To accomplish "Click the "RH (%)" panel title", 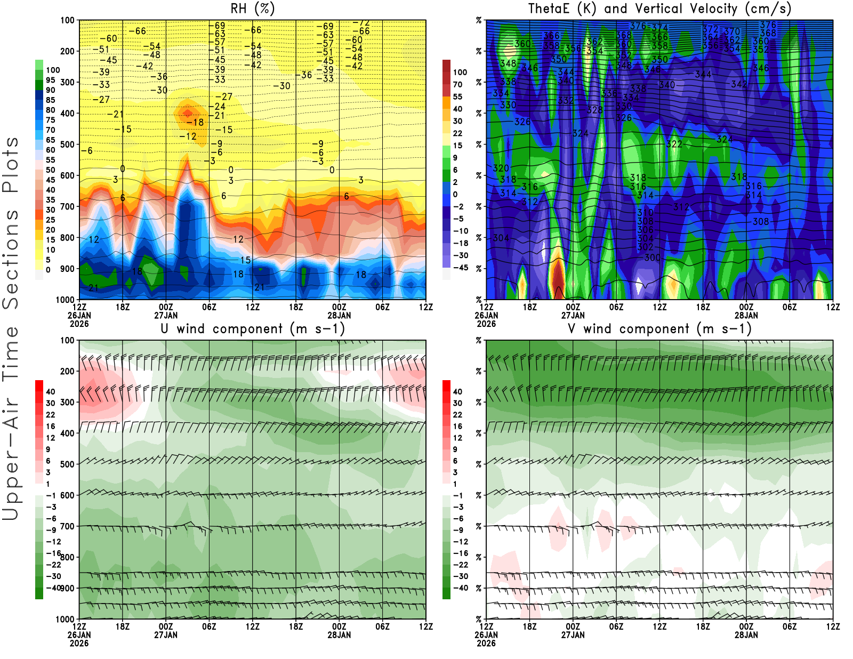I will tap(252, 9).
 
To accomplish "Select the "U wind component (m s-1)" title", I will tap(253, 328).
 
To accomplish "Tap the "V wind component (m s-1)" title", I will tap(659, 328).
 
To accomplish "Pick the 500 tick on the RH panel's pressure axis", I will tap(68, 144).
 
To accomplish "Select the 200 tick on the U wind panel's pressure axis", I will tap(68, 371).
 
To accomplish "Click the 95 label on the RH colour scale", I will tap(51, 80).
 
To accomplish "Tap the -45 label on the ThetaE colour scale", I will tap(461, 268).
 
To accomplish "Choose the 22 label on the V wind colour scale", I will tap(457, 414).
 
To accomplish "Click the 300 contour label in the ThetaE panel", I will tap(653, 258).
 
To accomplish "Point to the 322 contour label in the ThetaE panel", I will tap(674, 144).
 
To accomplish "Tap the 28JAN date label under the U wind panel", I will tap(339, 635).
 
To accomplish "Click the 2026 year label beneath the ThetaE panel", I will tap(486, 324).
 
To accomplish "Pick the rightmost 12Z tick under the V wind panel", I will tap(833, 626).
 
